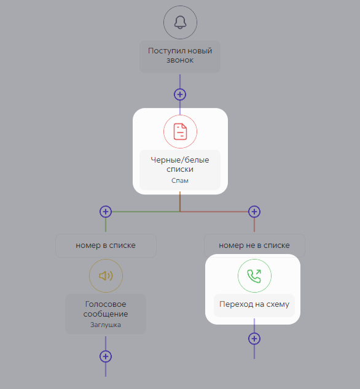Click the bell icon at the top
click(x=180, y=22)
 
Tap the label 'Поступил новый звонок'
click(x=180, y=55)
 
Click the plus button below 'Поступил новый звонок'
click(x=180, y=94)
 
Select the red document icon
click(x=180, y=131)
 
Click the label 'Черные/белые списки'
click(x=180, y=164)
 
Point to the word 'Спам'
click(x=180, y=180)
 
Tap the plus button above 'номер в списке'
click(x=106, y=212)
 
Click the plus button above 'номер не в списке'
click(x=254, y=212)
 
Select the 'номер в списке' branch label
click(x=106, y=245)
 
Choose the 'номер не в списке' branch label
click(x=254, y=245)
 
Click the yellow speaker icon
click(x=106, y=275)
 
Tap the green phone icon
click(x=254, y=276)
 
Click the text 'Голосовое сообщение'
click(x=106, y=309)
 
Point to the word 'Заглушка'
click(x=106, y=325)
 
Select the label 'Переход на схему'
click(x=254, y=304)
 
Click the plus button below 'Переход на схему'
click(x=254, y=339)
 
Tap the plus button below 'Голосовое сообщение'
click(x=106, y=356)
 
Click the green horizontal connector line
click(x=146, y=212)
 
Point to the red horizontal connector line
click(x=214, y=212)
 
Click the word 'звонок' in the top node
click(x=180, y=60)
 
